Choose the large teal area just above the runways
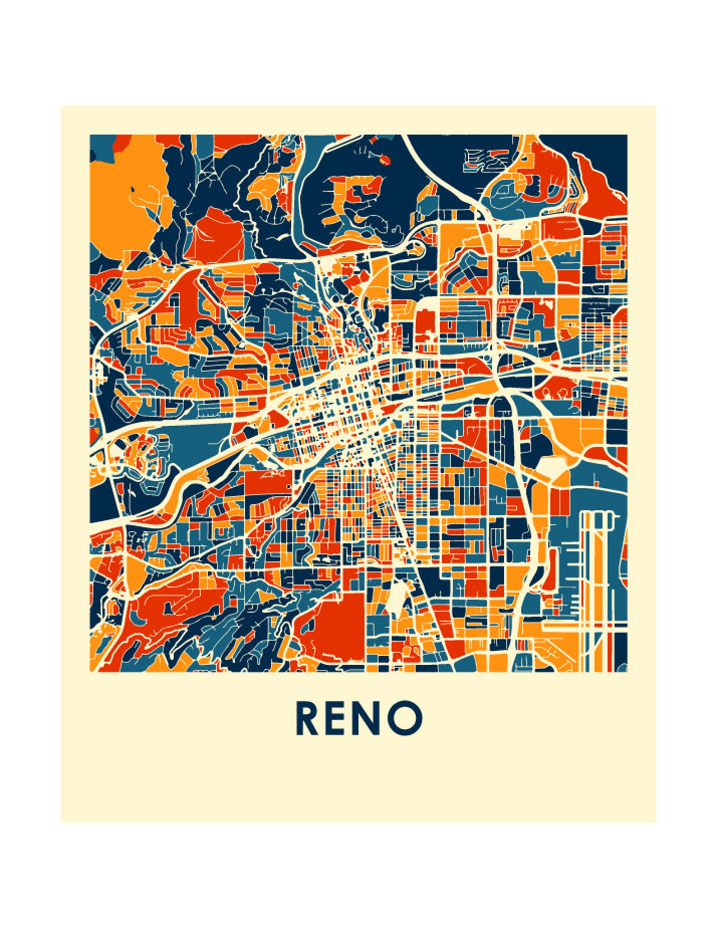[596, 483]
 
